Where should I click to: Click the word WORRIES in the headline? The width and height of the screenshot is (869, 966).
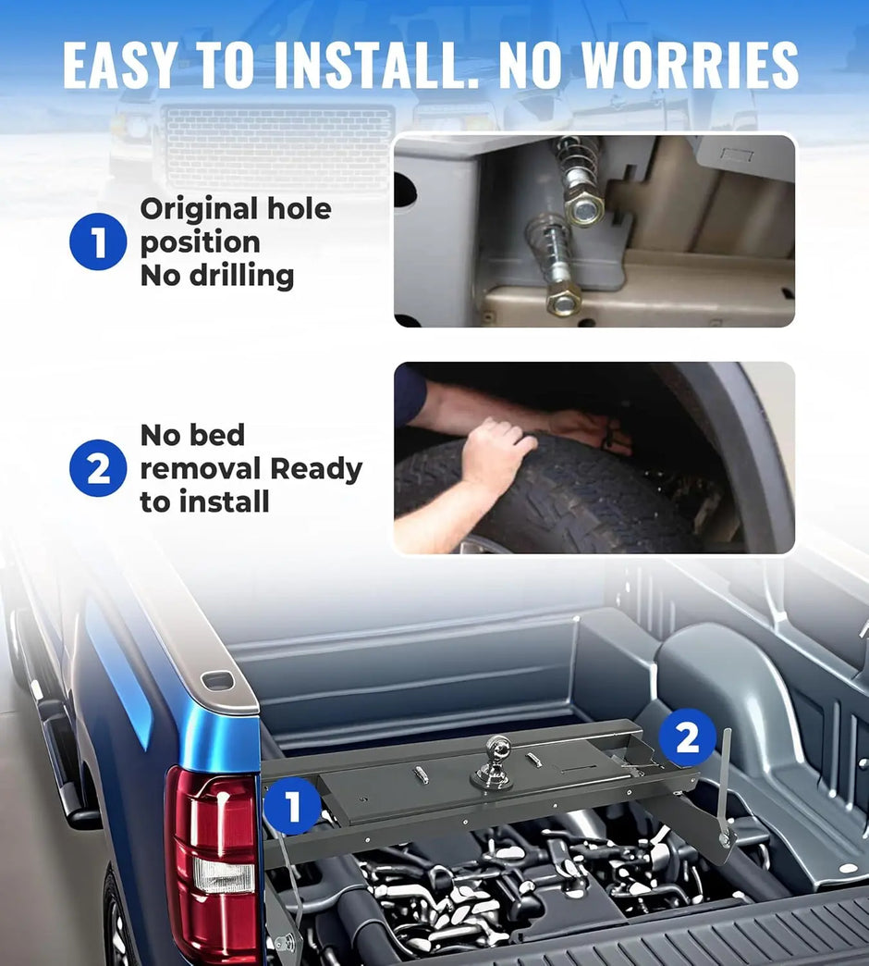(690, 66)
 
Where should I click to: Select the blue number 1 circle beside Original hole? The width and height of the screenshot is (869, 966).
(99, 241)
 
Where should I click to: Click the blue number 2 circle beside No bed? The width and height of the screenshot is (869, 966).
(99, 468)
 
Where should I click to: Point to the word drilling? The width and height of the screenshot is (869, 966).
(242, 275)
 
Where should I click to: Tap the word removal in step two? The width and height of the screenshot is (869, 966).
(201, 468)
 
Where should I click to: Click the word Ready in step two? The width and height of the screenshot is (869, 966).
(316, 469)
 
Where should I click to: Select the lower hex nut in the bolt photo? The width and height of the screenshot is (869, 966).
(563, 300)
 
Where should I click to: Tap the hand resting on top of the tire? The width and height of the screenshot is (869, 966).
(497, 452)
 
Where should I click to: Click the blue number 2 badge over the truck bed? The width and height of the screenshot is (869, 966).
(688, 737)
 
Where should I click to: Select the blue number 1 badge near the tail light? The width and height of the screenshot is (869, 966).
(293, 806)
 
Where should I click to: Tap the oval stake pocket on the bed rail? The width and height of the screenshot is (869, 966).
(218, 681)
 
